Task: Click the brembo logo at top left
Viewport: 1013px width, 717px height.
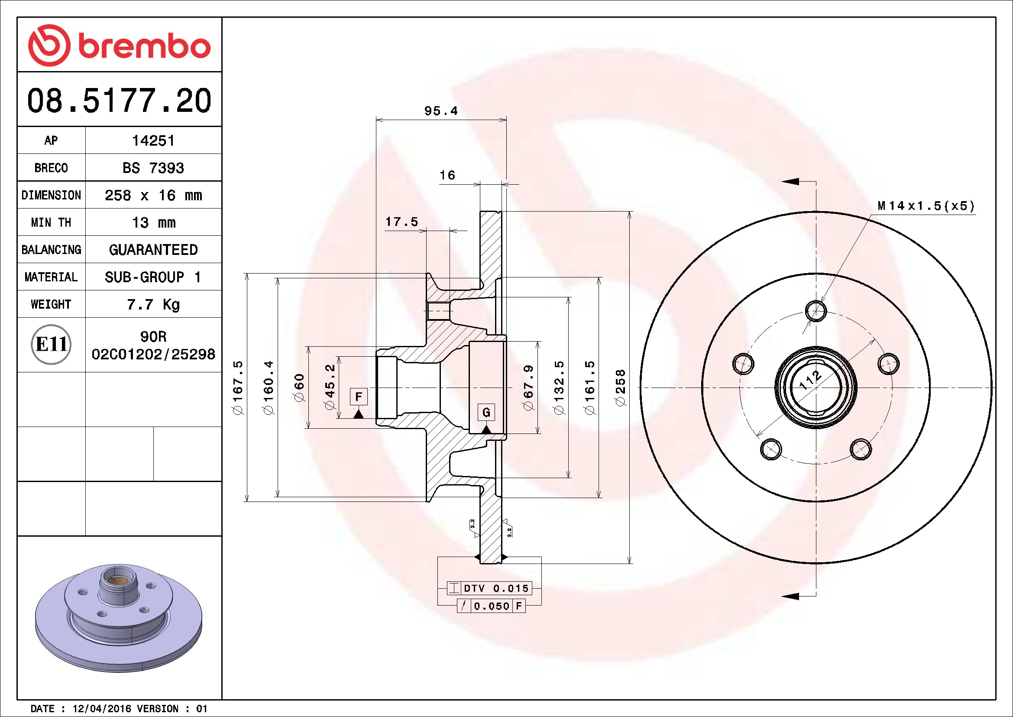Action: (x=119, y=46)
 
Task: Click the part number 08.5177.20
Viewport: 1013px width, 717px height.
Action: (x=119, y=101)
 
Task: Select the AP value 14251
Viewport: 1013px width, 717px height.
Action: (x=153, y=140)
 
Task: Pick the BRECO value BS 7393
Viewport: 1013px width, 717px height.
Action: (x=153, y=168)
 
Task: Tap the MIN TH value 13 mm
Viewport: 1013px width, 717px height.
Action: (x=154, y=222)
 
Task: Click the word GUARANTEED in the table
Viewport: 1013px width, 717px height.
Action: (x=153, y=250)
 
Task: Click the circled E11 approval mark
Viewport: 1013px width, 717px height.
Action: (x=51, y=344)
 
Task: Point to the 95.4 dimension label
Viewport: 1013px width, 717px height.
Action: (x=441, y=111)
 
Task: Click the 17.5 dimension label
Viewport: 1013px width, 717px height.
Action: (x=401, y=222)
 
